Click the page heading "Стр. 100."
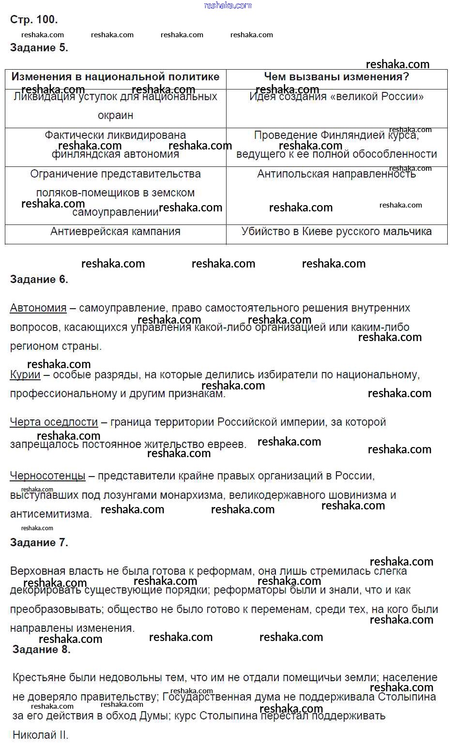[x=34, y=20]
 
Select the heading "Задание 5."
[x=39, y=48]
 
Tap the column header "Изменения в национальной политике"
[x=115, y=77]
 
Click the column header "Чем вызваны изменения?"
[x=336, y=77]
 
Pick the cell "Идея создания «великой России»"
[x=336, y=97]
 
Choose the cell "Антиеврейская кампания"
[x=115, y=232]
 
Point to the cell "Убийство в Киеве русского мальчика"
[x=336, y=232]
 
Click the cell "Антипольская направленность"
[x=336, y=174]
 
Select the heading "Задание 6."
[x=39, y=280]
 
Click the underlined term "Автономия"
[x=38, y=308]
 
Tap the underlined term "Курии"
[x=25, y=375]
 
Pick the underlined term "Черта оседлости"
[x=54, y=422]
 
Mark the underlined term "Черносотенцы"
[x=47, y=476]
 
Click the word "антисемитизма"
[x=51, y=514]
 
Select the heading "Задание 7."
[x=39, y=543]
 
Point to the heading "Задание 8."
[x=42, y=650]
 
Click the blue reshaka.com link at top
[x=228, y=5]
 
